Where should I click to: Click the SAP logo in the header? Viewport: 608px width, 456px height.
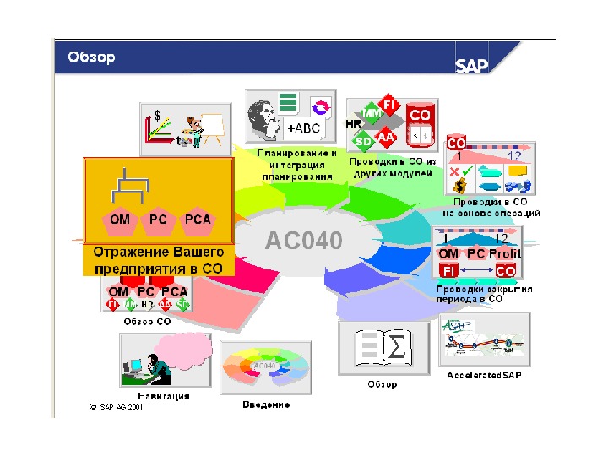pos(472,66)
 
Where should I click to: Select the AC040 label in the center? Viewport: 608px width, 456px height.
pos(304,241)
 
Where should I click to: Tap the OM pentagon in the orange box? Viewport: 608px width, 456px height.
pos(120,220)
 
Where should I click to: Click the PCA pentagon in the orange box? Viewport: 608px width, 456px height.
pos(198,220)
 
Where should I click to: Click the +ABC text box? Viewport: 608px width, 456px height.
pos(302,129)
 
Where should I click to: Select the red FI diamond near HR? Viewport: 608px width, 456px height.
pos(389,105)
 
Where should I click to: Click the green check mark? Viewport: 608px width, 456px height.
pos(466,171)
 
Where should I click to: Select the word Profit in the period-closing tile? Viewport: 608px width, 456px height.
pos(505,254)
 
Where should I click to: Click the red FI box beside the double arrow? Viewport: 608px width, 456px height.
pos(449,271)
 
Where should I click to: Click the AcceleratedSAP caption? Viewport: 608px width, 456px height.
pos(484,375)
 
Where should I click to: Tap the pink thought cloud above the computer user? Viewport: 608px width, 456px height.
pos(181,349)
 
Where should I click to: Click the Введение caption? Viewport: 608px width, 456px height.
pos(266,404)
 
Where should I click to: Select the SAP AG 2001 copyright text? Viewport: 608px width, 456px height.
pos(116,406)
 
